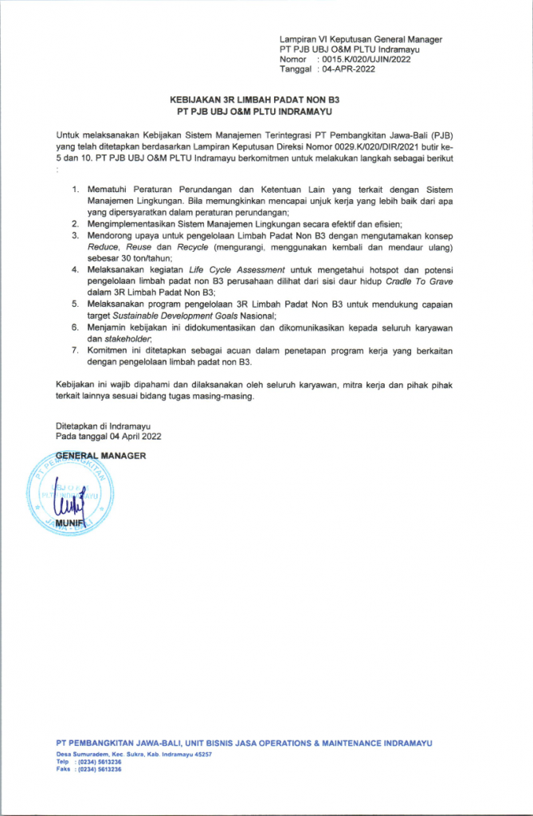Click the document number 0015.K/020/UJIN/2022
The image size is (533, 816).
pos(362,59)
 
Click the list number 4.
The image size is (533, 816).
pos(75,271)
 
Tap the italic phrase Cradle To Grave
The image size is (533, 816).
pos(433,281)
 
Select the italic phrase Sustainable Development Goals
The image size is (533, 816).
pos(171,316)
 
